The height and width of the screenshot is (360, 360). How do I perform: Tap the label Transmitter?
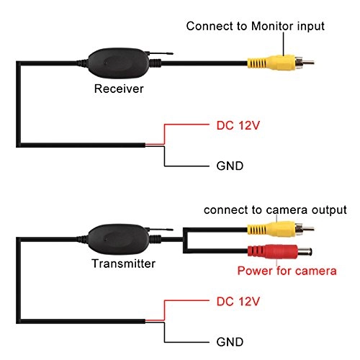tap(125, 264)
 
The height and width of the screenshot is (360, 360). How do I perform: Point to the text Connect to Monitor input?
tap(256, 26)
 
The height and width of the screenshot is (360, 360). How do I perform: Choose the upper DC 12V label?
tap(238, 125)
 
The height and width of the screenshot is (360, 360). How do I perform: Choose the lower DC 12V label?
tap(238, 299)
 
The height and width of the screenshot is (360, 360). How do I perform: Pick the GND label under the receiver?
tap(230, 166)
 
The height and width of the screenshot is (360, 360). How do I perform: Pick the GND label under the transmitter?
tap(230, 341)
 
